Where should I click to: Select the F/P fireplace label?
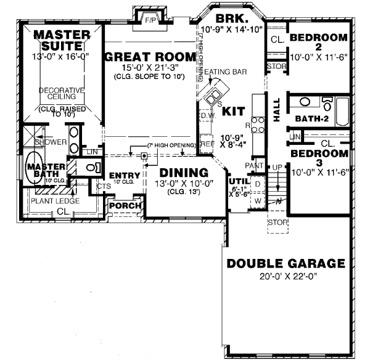click(150, 20)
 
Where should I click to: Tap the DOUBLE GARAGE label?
click(286, 264)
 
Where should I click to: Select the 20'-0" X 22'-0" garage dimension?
click(286, 277)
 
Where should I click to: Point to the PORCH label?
click(126, 205)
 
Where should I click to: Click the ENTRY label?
click(125, 176)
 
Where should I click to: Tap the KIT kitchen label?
click(233, 111)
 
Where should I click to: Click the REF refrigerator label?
click(207, 143)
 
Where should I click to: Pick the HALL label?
click(276, 109)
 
